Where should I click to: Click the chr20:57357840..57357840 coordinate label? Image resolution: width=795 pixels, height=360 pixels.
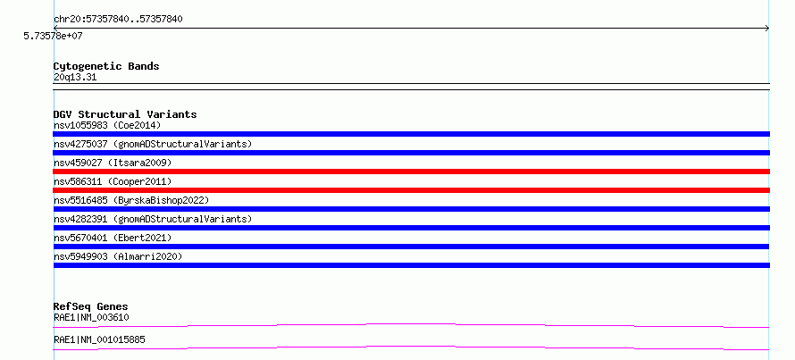pyautogui.click(x=118, y=20)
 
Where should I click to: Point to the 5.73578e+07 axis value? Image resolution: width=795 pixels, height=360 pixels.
pyautogui.click(x=54, y=36)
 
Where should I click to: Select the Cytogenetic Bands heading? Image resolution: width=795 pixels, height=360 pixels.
pyautogui.click(x=106, y=66)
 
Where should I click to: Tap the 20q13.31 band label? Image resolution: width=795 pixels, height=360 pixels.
pyautogui.click(x=75, y=78)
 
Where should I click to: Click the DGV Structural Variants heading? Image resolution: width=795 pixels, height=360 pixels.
pyautogui.click(x=125, y=114)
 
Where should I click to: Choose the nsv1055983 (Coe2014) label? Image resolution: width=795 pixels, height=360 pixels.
pyautogui.click(x=107, y=125)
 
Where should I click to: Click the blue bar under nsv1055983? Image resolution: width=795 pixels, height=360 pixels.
pyautogui.click(x=411, y=134)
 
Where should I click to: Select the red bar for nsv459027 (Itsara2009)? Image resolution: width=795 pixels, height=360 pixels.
pyautogui.click(x=411, y=172)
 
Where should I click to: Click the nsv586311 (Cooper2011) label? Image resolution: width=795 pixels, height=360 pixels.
pyautogui.click(x=113, y=181)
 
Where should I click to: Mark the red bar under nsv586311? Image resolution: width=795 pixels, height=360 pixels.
pyautogui.click(x=411, y=190)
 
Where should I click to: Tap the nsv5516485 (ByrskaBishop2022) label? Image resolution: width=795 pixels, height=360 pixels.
pyautogui.click(x=131, y=200)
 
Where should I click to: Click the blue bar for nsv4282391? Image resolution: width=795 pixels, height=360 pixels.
pyautogui.click(x=411, y=228)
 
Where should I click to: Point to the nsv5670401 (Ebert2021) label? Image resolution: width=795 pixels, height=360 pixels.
pyautogui.click(x=113, y=238)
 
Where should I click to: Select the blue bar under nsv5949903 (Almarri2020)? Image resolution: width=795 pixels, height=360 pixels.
pyautogui.click(x=411, y=265)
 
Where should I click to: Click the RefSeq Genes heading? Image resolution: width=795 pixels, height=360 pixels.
pyautogui.click(x=91, y=306)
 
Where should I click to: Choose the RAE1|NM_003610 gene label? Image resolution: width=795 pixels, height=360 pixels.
pyautogui.click(x=91, y=318)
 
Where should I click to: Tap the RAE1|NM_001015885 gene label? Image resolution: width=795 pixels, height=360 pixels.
pyautogui.click(x=99, y=339)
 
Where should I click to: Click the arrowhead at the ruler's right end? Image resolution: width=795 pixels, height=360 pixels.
pyautogui.click(x=768, y=29)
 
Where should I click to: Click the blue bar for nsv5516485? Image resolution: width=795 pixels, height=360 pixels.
pyautogui.click(x=411, y=209)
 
